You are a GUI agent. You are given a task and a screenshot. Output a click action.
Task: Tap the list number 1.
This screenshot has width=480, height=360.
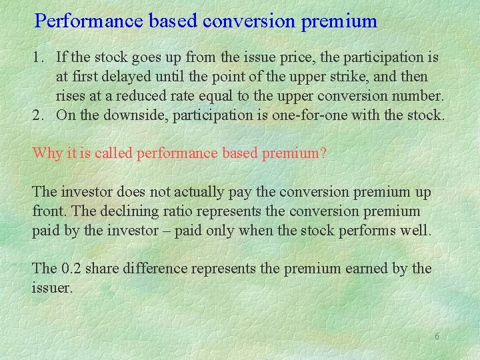tap(36, 59)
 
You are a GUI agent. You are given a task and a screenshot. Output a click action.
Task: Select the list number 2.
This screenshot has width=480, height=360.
tap(36, 115)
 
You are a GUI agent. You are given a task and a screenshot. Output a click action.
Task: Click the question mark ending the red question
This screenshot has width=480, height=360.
tap(323, 154)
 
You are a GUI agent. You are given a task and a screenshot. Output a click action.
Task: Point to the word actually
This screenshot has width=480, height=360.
tap(203, 193)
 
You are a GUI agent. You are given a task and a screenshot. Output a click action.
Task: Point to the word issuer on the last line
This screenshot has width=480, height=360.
tap(50, 288)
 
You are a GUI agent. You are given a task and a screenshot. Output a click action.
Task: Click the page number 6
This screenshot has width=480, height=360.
tap(437, 337)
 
